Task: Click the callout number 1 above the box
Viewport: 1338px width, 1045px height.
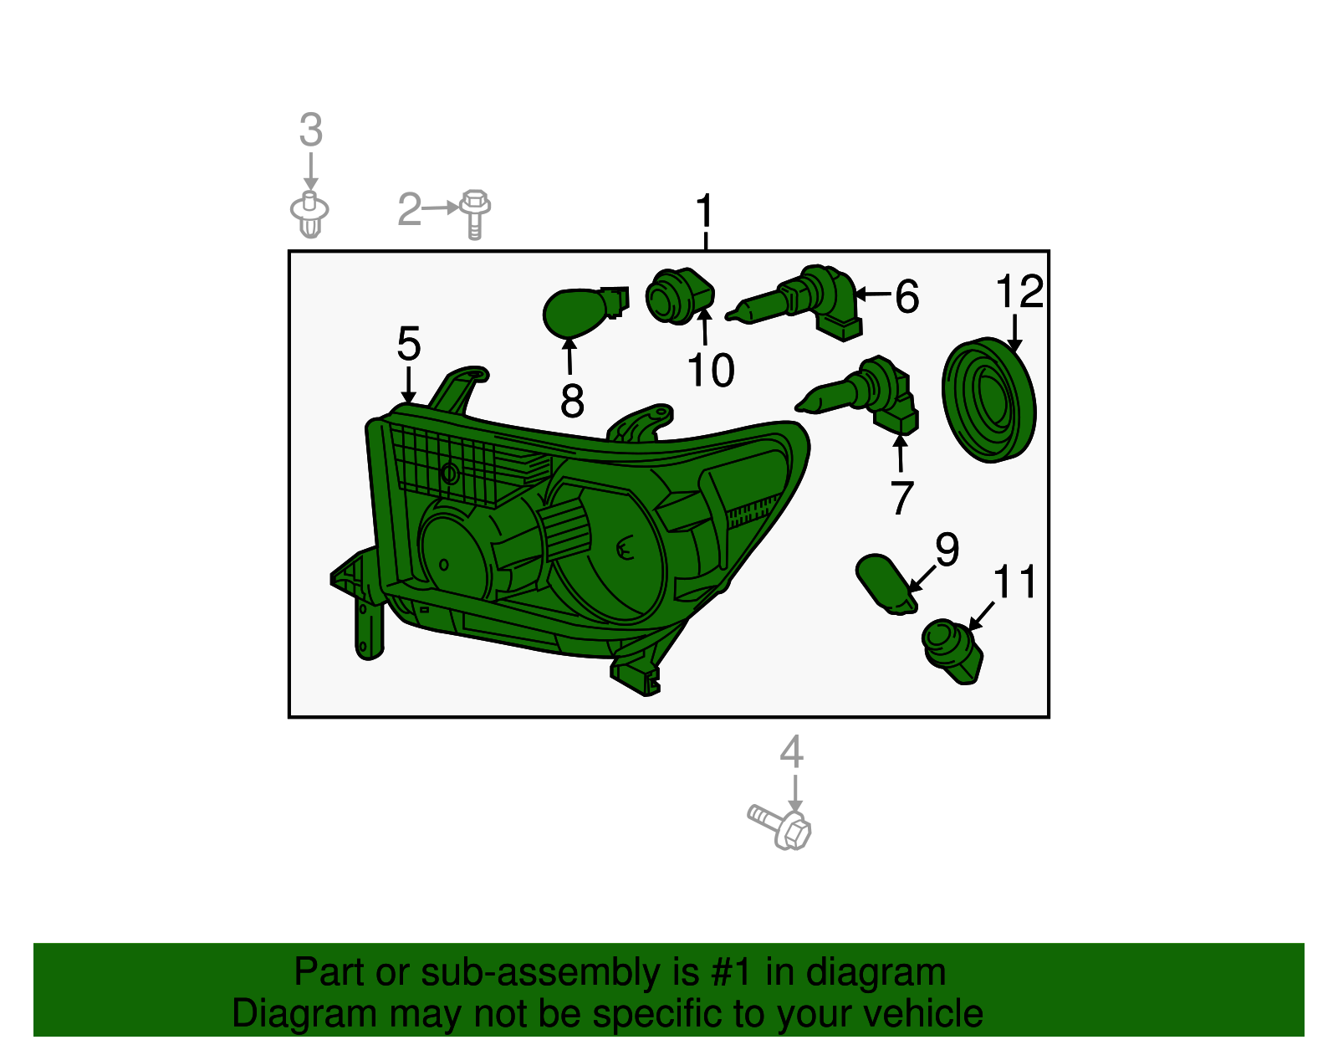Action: [x=704, y=211]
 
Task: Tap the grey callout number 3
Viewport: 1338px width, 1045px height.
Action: [x=311, y=130]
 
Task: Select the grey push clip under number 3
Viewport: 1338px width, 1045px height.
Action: [x=309, y=214]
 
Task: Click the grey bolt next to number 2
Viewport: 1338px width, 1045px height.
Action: [x=475, y=213]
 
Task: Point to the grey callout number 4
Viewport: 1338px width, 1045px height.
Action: [x=791, y=752]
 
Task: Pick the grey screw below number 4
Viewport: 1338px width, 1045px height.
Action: [x=779, y=828]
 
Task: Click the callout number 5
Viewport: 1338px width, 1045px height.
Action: [x=409, y=344]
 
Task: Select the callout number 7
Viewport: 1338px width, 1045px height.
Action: [x=901, y=498]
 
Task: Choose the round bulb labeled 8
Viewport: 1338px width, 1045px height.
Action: [x=585, y=311]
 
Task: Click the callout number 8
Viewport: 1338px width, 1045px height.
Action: [x=572, y=400]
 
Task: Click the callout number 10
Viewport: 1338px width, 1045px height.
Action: [x=711, y=370]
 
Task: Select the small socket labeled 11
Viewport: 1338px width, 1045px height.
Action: [x=952, y=652]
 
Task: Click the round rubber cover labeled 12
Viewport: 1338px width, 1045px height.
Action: [x=989, y=400]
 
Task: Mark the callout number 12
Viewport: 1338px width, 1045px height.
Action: [x=1019, y=290]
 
